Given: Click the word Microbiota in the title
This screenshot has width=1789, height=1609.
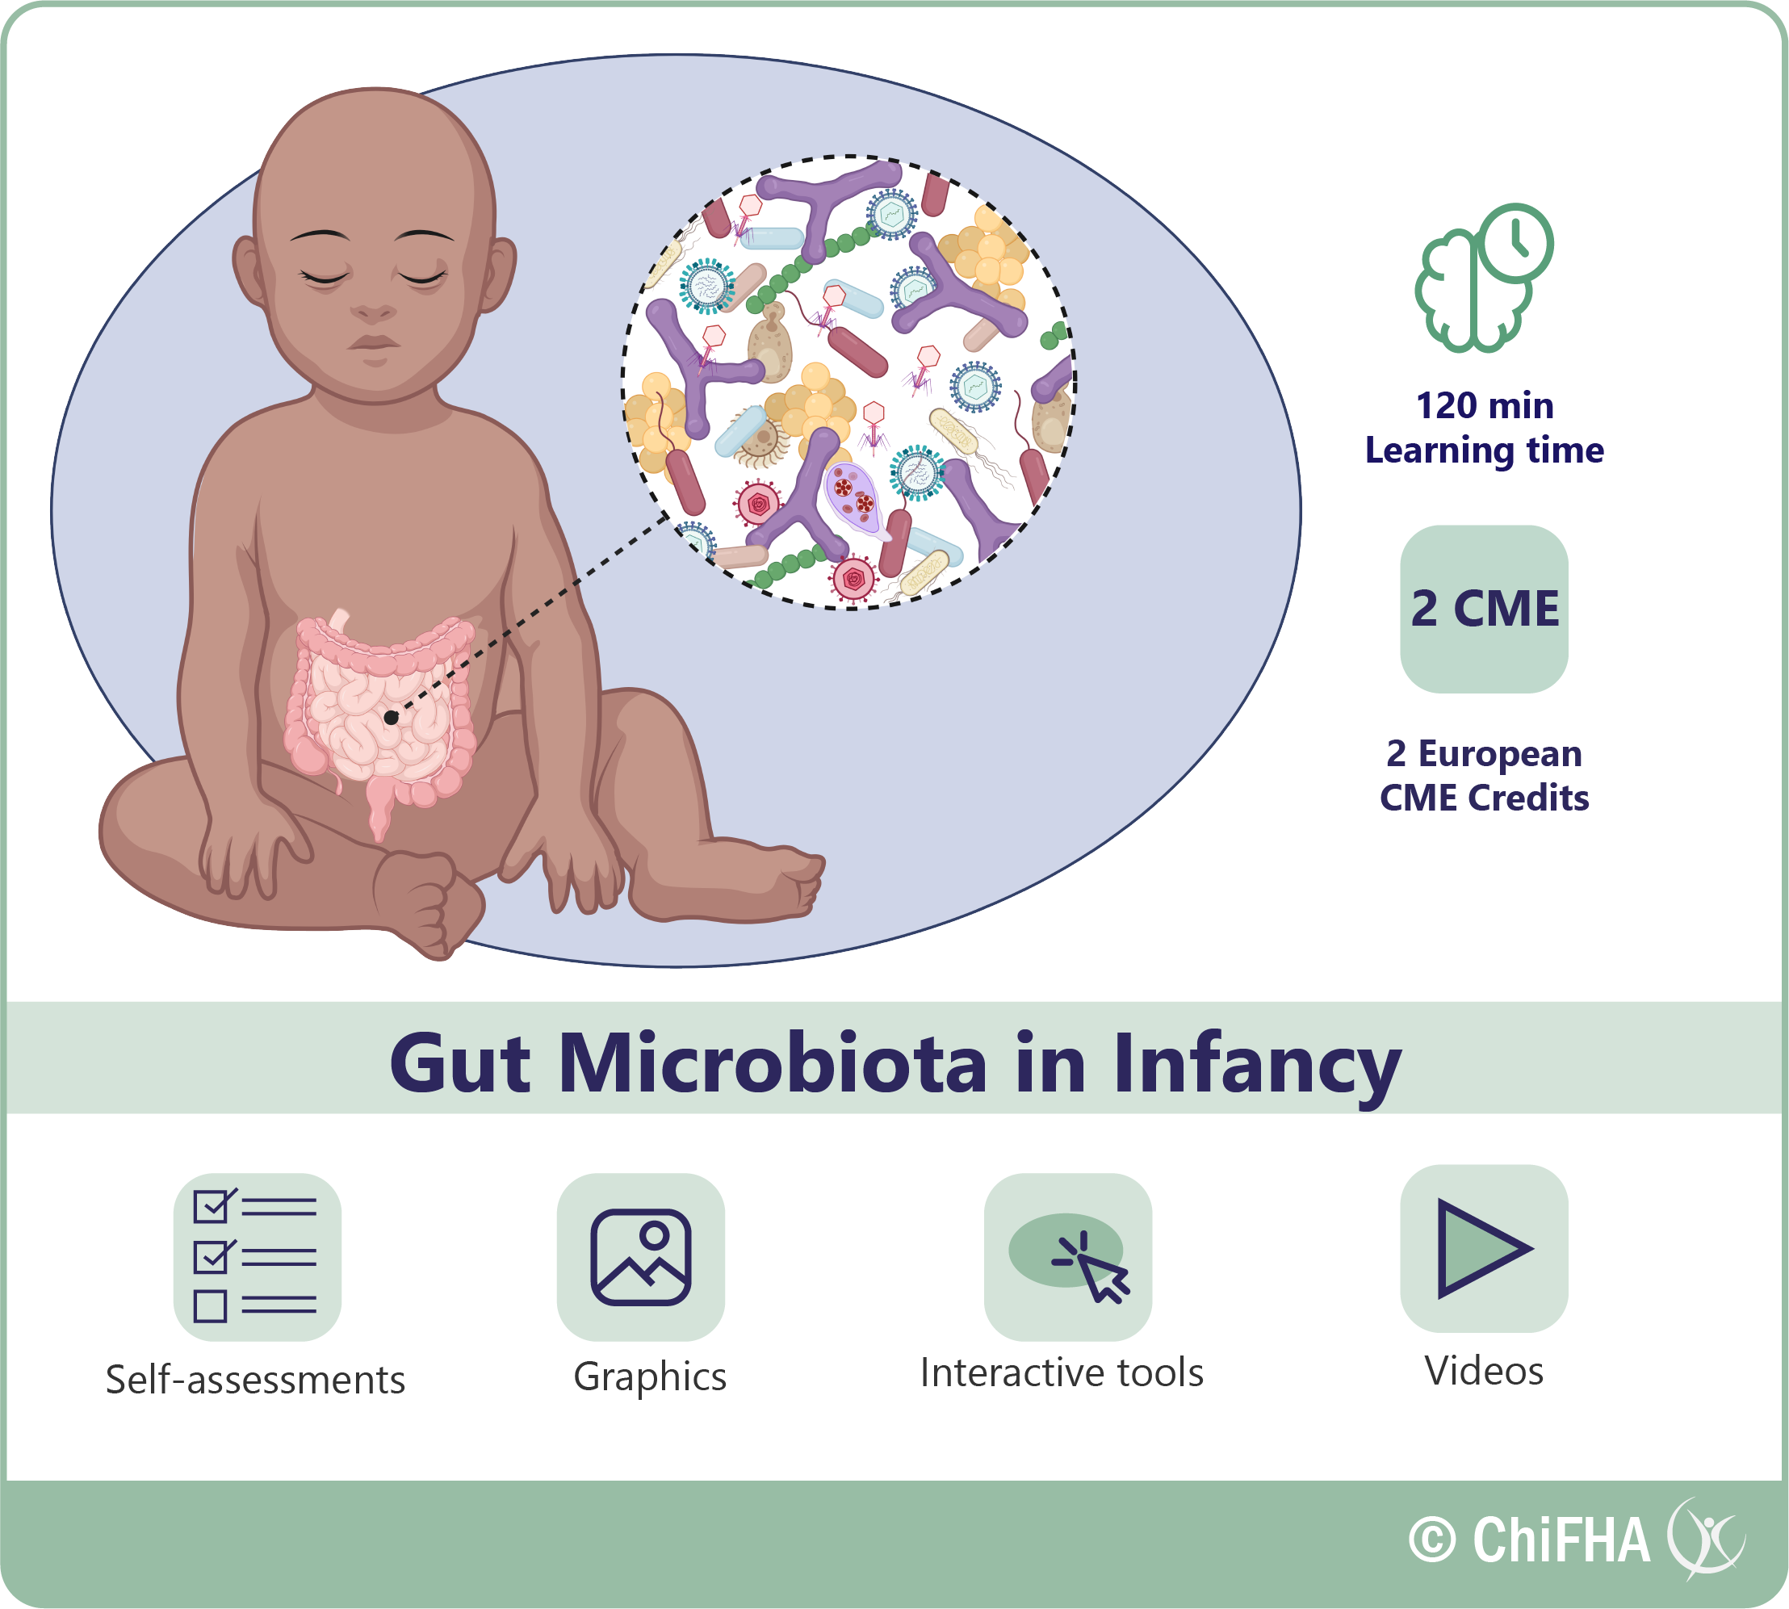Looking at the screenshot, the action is point(773,1062).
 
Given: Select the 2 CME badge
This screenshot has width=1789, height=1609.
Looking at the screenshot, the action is point(1484,609).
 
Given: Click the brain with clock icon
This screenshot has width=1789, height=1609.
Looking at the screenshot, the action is point(1484,278).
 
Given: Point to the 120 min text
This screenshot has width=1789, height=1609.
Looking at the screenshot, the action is point(1485,406).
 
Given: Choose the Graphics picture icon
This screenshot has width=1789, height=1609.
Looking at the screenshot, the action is point(641,1256).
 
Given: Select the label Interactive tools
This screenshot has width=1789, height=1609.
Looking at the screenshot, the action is point(1062,1373).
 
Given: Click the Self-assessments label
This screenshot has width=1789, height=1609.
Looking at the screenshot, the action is point(255,1380).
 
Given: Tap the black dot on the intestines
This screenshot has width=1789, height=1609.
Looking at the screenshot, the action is point(391,718).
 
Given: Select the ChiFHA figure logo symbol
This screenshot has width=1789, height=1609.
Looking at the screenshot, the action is point(1707,1539).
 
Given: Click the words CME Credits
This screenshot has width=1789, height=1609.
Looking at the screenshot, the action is point(1485,798).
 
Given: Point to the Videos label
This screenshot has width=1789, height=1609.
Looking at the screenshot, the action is point(1484,1371).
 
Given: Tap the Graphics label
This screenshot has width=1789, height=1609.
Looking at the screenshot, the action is point(650,1377).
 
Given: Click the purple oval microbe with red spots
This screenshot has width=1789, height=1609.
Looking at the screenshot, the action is point(854,498).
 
